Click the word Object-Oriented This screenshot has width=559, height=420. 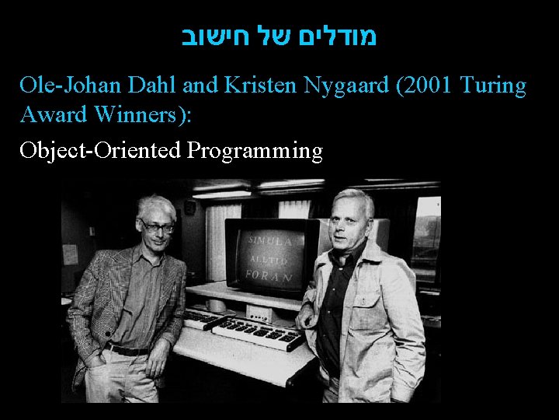click(x=100, y=150)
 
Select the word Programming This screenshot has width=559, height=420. click(x=254, y=151)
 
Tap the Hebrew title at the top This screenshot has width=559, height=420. click(x=279, y=38)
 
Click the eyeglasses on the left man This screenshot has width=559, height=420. click(x=157, y=226)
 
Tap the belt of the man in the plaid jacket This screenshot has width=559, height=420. click(x=128, y=350)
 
